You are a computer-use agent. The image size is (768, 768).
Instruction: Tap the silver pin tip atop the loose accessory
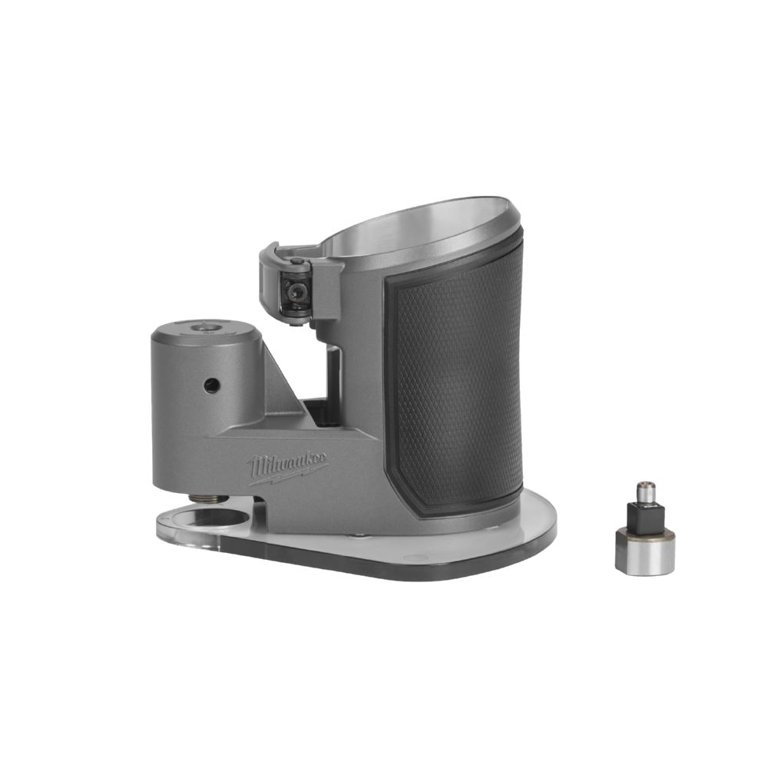click(x=646, y=487)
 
